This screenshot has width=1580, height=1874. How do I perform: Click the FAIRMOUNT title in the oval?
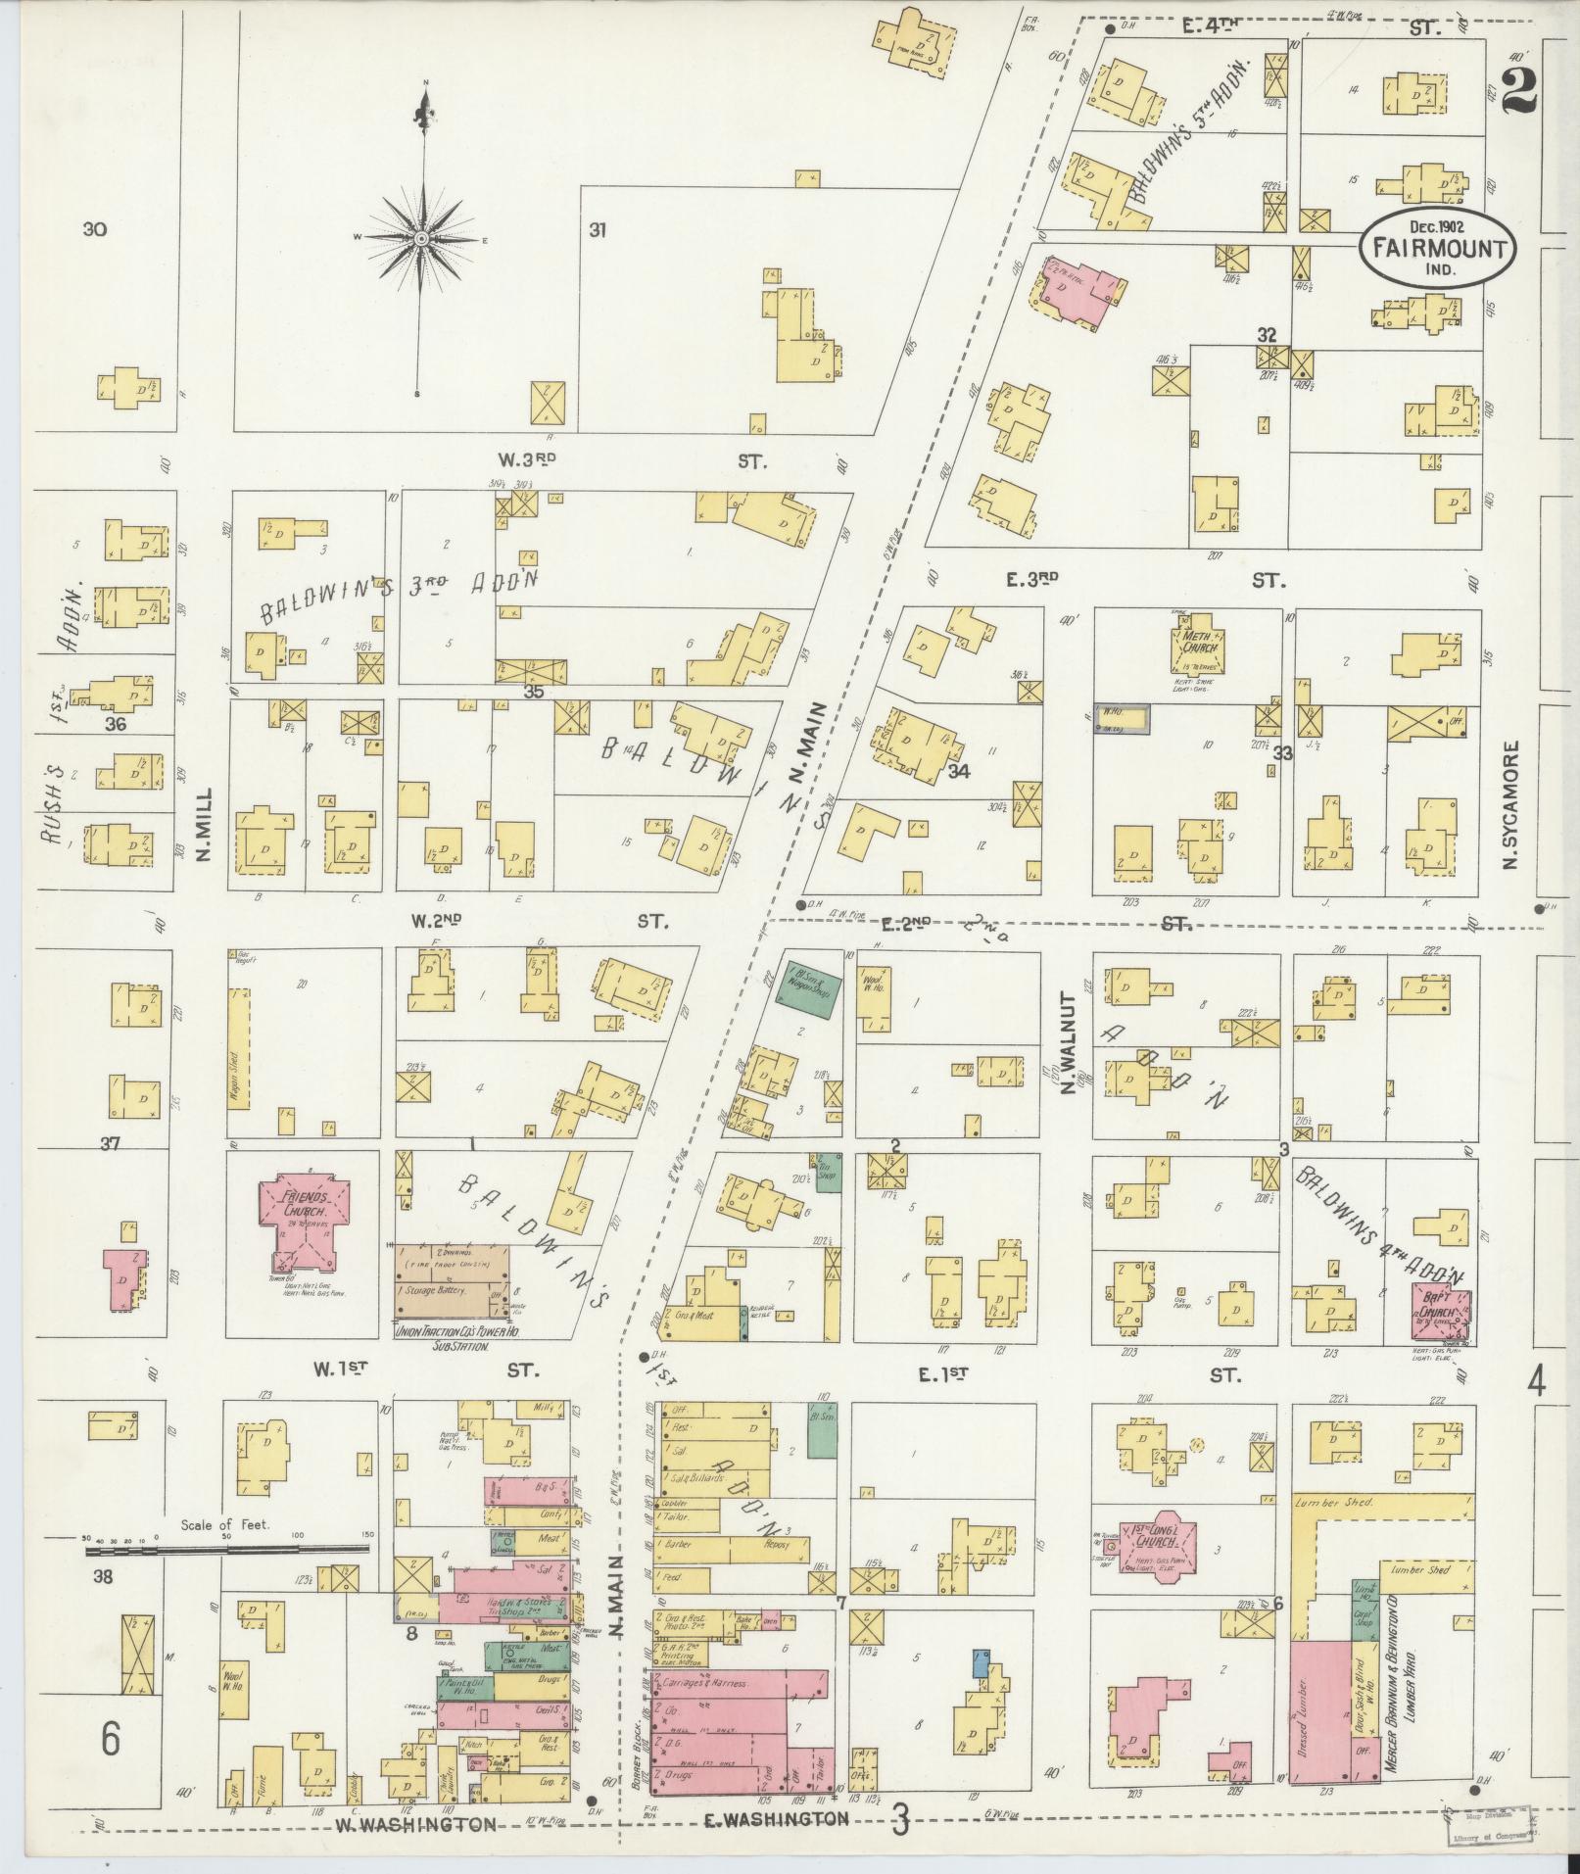pyautogui.click(x=1437, y=247)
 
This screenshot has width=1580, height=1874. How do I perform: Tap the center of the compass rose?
pyautogui.click(x=422, y=238)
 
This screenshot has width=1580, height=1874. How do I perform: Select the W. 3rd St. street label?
pyautogui.click(x=519, y=458)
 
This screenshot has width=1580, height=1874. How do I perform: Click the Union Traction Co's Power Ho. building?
pyautogui.click(x=453, y=1283)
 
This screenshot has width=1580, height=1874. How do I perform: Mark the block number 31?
pyautogui.click(x=598, y=230)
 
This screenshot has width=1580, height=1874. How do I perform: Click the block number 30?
pyautogui.click(x=95, y=230)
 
